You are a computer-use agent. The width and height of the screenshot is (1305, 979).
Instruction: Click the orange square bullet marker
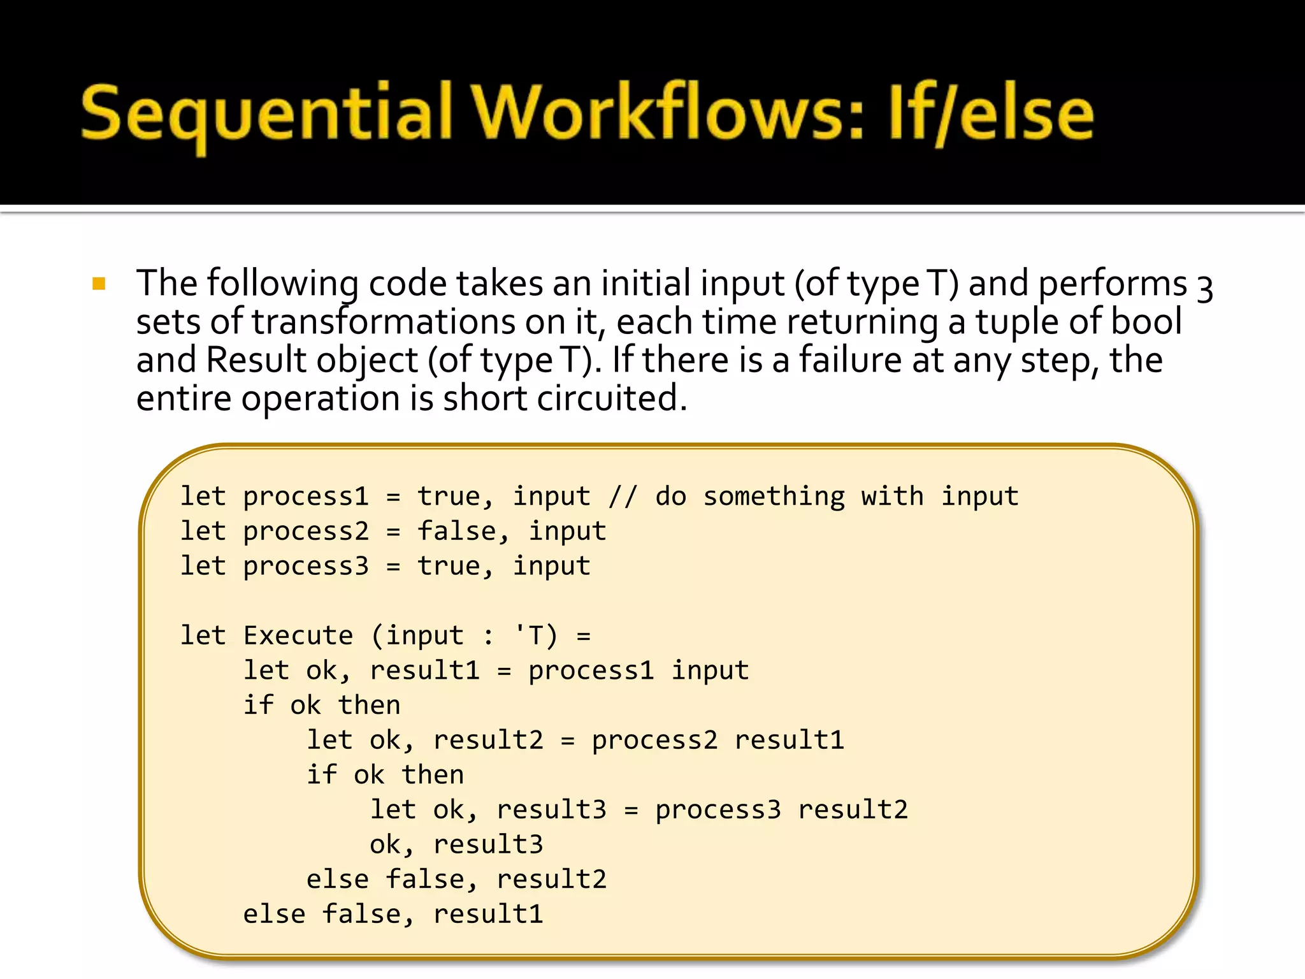(99, 284)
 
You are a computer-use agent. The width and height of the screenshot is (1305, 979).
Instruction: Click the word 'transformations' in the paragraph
(383, 322)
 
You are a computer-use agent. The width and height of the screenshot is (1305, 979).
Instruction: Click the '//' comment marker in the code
(623, 497)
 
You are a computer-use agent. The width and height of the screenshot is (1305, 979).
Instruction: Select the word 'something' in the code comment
(774, 497)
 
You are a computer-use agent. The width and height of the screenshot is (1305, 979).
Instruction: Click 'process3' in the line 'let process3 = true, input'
(306, 566)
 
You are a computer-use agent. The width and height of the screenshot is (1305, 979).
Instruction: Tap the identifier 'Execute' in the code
(298, 635)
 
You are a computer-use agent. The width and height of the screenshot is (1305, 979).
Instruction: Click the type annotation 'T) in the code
(535, 635)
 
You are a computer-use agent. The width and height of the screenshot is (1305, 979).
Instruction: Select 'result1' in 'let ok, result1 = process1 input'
(424, 671)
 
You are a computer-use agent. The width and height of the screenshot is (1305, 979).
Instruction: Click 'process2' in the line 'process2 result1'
(654, 740)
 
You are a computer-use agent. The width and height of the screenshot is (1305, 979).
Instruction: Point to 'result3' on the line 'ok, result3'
(488, 845)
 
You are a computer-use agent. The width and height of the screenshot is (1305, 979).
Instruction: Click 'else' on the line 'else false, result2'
(337, 880)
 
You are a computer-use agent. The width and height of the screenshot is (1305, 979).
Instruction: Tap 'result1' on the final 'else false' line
(488, 914)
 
